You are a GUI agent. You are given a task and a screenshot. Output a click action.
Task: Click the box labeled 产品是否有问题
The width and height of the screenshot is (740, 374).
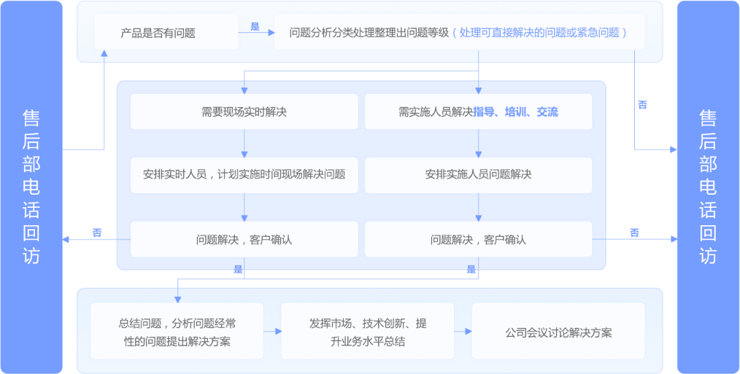[x=166, y=32]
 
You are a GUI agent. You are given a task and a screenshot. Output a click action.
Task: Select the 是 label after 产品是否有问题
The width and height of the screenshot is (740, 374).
[x=255, y=27]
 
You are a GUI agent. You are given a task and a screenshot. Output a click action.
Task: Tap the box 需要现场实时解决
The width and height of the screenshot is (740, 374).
[x=244, y=112]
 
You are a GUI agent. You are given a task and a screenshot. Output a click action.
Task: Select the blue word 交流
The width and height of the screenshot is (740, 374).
[x=547, y=112]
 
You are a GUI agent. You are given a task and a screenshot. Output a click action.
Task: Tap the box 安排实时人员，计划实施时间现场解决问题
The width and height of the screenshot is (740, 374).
[x=244, y=175]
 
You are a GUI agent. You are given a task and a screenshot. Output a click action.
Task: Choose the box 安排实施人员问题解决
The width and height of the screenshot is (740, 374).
[x=479, y=175]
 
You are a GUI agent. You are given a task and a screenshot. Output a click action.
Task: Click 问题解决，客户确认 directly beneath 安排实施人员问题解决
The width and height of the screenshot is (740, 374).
[x=479, y=239]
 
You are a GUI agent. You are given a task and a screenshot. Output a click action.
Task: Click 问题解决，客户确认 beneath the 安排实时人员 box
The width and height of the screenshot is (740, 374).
[x=244, y=239]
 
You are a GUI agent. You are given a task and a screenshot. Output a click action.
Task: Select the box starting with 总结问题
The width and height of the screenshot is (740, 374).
[x=177, y=330]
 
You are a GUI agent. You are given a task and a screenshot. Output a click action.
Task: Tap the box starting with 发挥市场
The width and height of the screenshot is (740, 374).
[x=368, y=330]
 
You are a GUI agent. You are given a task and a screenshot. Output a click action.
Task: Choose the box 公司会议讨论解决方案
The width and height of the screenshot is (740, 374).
[x=558, y=330]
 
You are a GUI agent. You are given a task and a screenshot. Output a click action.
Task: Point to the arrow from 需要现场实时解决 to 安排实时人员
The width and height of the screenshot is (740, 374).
[x=244, y=144]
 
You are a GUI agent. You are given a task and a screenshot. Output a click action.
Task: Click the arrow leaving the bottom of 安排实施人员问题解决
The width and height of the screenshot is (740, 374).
[x=479, y=207]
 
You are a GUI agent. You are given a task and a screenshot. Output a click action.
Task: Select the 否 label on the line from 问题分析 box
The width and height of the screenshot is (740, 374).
[x=642, y=105]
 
